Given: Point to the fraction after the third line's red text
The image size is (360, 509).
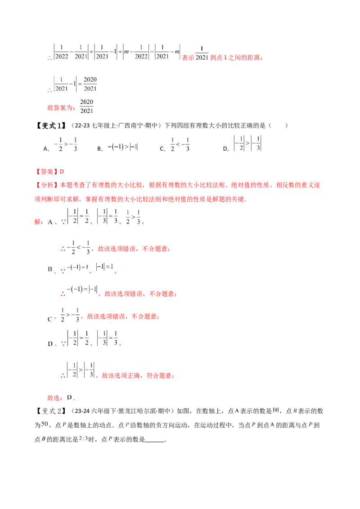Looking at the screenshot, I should tap(86, 107).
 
